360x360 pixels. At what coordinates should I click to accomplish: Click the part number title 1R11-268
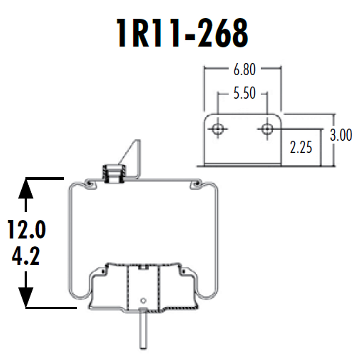pyautogui.click(x=182, y=33)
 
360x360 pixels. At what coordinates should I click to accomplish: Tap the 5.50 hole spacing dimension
pyautogui.click(x=244, y=94)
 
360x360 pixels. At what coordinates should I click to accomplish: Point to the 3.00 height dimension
pyautogui.click(x=341, y=135)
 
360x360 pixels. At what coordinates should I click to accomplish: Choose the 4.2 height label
pyautogui.click(x=26, y=256)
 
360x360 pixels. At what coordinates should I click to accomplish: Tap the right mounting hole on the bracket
pyautogui.click(x=267, y=128)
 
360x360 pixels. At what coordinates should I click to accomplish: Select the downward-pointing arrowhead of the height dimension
pyautogui.click(x=26, y=297)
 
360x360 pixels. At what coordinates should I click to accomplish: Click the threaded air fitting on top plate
pyautogui.click(x=114, y=173)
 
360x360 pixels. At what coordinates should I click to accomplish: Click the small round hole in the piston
pyautogui.click(x=143, y=300)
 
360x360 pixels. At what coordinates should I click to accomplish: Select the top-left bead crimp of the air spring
pyautogui.click(x=89, y=184)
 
